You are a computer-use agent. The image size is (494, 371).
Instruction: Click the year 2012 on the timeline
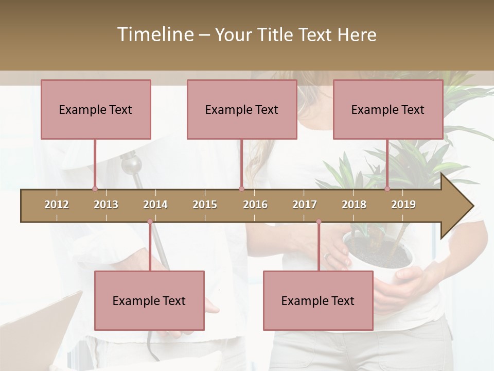57,205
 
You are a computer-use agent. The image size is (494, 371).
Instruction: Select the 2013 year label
106,205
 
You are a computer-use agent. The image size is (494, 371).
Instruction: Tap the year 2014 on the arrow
155,205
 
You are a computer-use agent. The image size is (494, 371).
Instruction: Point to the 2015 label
205,205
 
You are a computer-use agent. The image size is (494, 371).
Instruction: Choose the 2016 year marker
255,205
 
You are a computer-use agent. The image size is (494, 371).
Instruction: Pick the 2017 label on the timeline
305,205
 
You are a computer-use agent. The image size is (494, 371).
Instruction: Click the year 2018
354,205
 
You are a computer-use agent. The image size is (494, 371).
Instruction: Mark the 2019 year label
403,205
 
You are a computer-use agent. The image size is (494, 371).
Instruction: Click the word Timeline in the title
154,35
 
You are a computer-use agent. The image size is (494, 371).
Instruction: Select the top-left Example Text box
96,109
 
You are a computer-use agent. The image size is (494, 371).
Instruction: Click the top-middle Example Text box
242,109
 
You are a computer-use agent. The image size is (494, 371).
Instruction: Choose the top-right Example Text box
388,109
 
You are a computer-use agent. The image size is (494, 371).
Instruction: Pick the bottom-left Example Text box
149,300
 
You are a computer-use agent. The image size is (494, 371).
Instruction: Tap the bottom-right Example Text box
318,300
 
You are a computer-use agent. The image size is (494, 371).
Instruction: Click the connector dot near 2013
95,189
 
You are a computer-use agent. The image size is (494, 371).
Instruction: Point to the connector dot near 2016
241,189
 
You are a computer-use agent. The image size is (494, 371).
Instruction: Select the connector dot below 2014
150,222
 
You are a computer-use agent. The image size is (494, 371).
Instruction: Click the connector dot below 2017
319,222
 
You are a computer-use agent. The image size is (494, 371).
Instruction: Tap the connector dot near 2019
387,189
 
